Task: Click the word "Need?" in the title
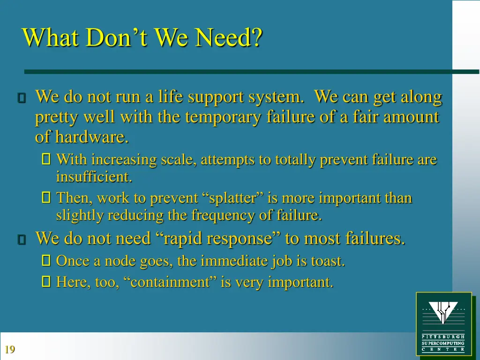coord(229,37)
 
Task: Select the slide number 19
coord(9,349)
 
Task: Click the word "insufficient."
coord(94,177)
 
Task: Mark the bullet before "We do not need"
coord(21,240)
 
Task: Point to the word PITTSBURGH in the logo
coord(443,337)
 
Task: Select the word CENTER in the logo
coord(443,349)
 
